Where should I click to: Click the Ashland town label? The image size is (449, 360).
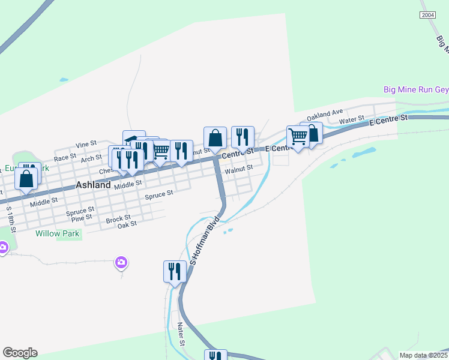point(93,185)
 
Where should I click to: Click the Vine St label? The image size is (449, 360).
point(86,144)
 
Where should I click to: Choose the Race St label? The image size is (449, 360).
point(64,157)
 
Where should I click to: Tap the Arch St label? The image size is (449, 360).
point(91,158)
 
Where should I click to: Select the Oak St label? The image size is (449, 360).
point(127,224)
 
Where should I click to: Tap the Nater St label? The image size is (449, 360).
point(180,333)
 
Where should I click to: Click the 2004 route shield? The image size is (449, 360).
point(428,15)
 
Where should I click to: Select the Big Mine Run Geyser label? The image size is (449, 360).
point(416,90)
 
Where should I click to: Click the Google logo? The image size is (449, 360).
point(20,353)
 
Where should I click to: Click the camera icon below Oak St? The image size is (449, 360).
point(121,262)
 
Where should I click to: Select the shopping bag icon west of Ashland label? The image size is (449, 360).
point(26,178)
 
